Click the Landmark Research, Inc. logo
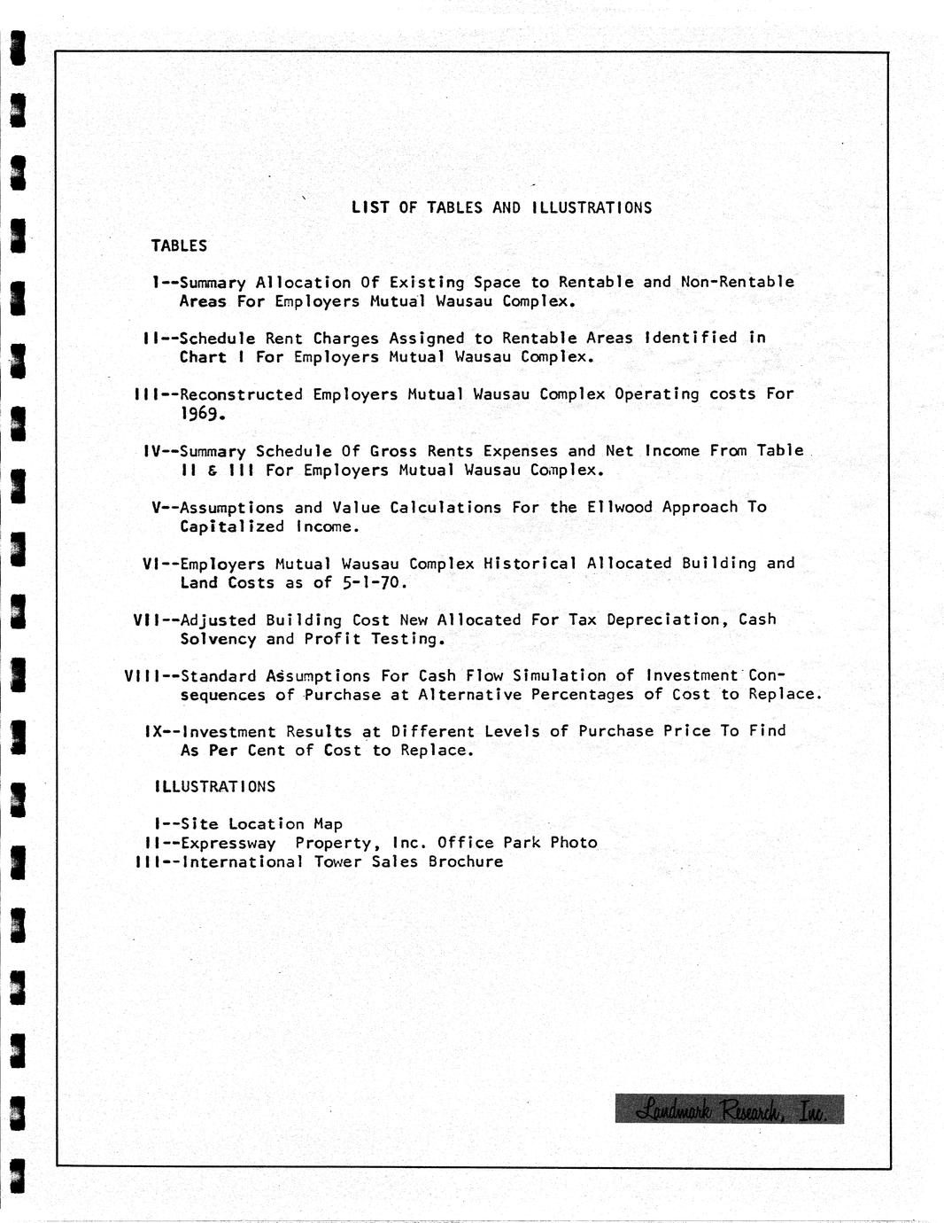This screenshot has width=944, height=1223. tap(729, 1109)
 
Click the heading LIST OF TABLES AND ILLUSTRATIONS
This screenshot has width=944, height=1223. tap(501, 207)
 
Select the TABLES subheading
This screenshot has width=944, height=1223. tap(179, 245)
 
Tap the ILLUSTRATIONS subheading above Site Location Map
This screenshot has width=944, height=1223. tap(215, 786)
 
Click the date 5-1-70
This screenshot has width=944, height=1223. tap(374, 582)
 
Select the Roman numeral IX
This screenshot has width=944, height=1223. tap(152, 731)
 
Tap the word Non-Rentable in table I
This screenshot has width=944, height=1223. tap(738, 282)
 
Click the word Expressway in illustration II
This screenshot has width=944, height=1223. tap(228, 843)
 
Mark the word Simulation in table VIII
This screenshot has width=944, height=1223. tap(560, 675)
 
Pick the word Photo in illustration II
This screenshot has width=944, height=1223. tap(573, 842)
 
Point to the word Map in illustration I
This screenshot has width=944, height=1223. tap(328, 824)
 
